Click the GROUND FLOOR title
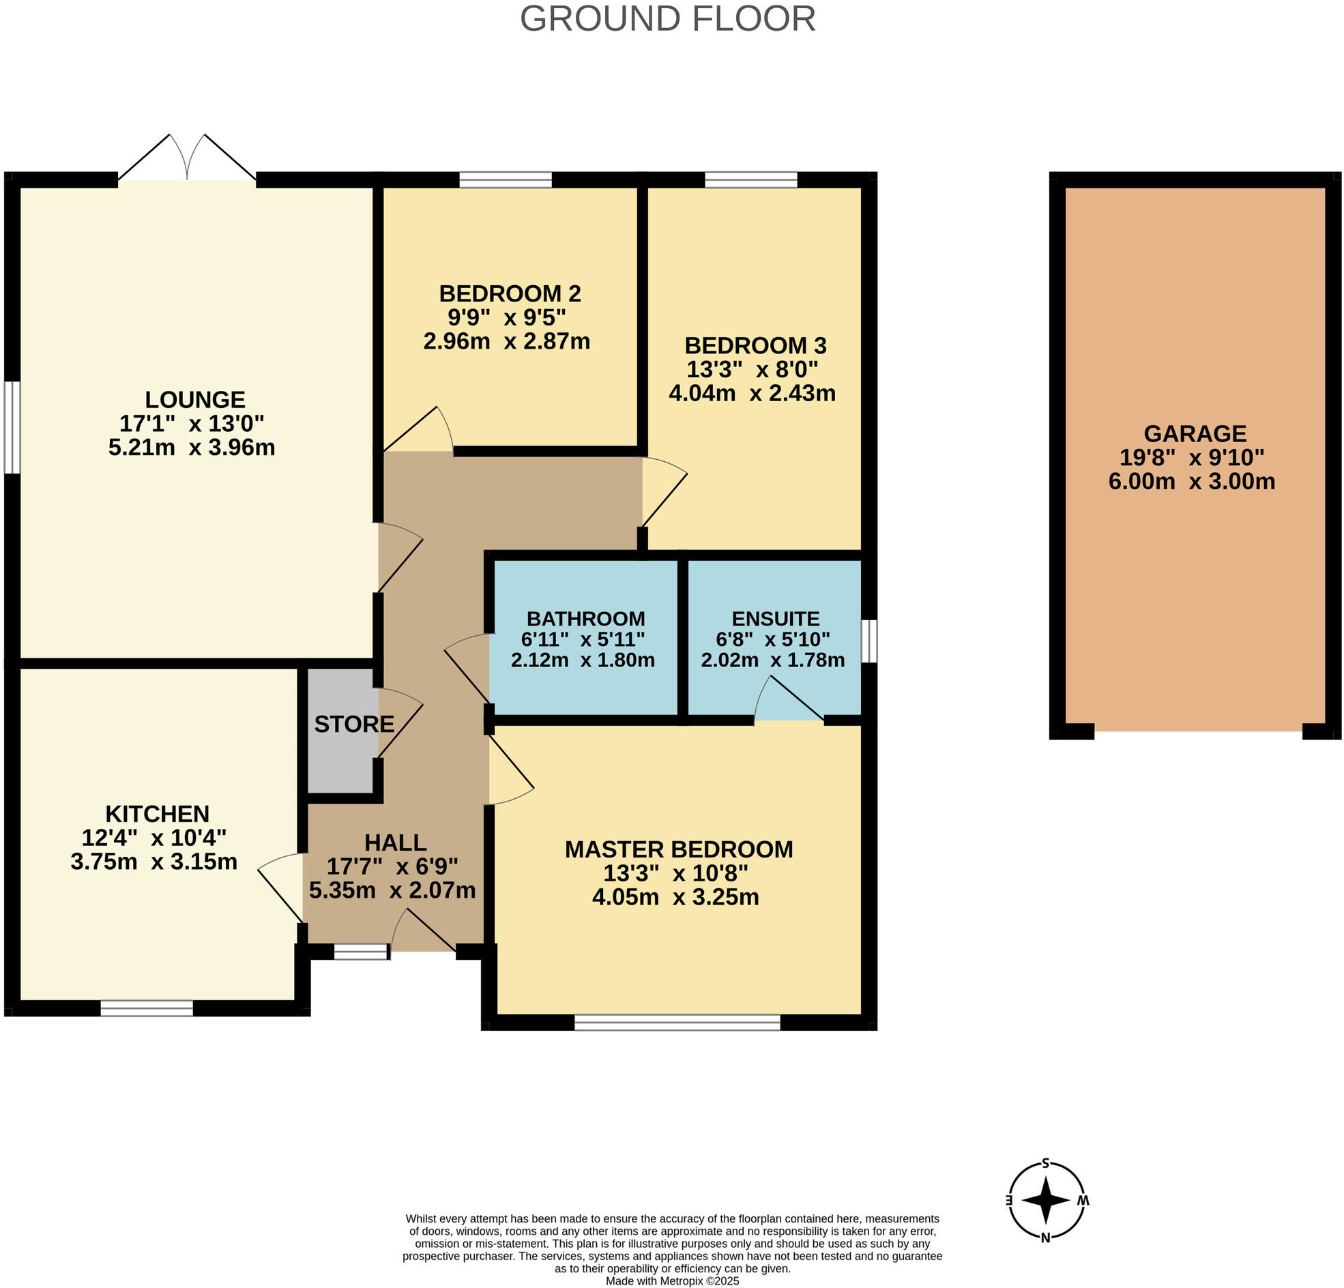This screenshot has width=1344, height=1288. click(x=667, y=19)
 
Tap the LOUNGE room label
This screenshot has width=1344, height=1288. click(x=194, y=399)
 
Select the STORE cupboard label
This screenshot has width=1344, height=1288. click(x=354, y=724)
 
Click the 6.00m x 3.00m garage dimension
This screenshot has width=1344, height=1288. click(x=1192, y=482)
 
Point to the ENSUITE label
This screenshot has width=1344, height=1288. click(x=775, y=619)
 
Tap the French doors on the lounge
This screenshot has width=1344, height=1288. click(x=187, y=159)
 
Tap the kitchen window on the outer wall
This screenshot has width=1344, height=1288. click(x=147, y=1008)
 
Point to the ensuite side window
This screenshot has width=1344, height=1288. click(x=868, y=641)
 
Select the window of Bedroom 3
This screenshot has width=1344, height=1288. click(x=751, y=180)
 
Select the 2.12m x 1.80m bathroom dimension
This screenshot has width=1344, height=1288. click(x=582, y=660)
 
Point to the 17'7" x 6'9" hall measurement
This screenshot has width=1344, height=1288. click(x=392, y=866)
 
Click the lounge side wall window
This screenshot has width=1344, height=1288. click(x=12, y=427)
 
